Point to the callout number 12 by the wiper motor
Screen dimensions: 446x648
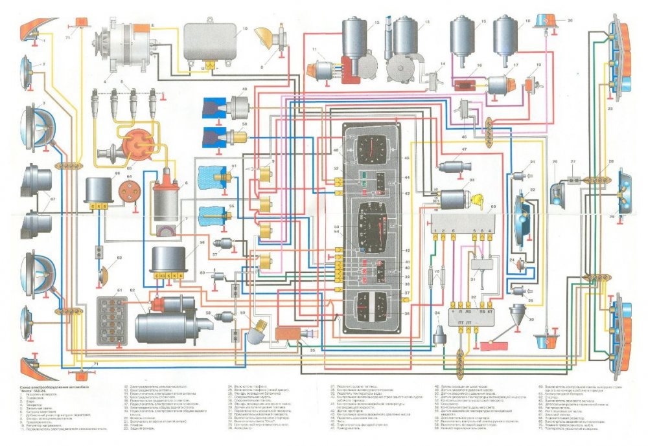(x=376, y=23)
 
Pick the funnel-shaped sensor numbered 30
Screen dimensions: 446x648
(x=518, y=314)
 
